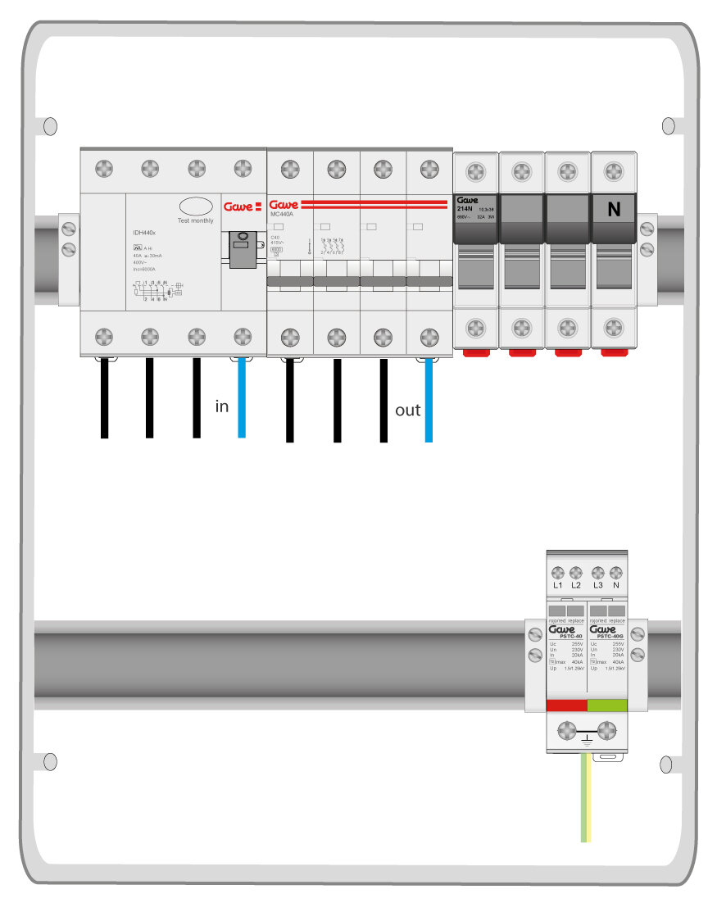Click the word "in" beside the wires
tap(222, 406)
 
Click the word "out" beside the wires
tap(407, 411)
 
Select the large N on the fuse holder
tap(614, 210)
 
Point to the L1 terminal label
tap(558, 585)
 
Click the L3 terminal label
tap(598, 585)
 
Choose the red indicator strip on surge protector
tap(566, 705)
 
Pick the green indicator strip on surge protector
tap(607, 705)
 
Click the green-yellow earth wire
tap(586, 799)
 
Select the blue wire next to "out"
tap(428, 402)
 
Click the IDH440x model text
tap(145, 234)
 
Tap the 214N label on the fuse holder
tap(464, 209)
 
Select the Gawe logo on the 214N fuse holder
tap(466, 200)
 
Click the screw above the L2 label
tap(576, 572)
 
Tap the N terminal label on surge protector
tap(615, 585)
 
